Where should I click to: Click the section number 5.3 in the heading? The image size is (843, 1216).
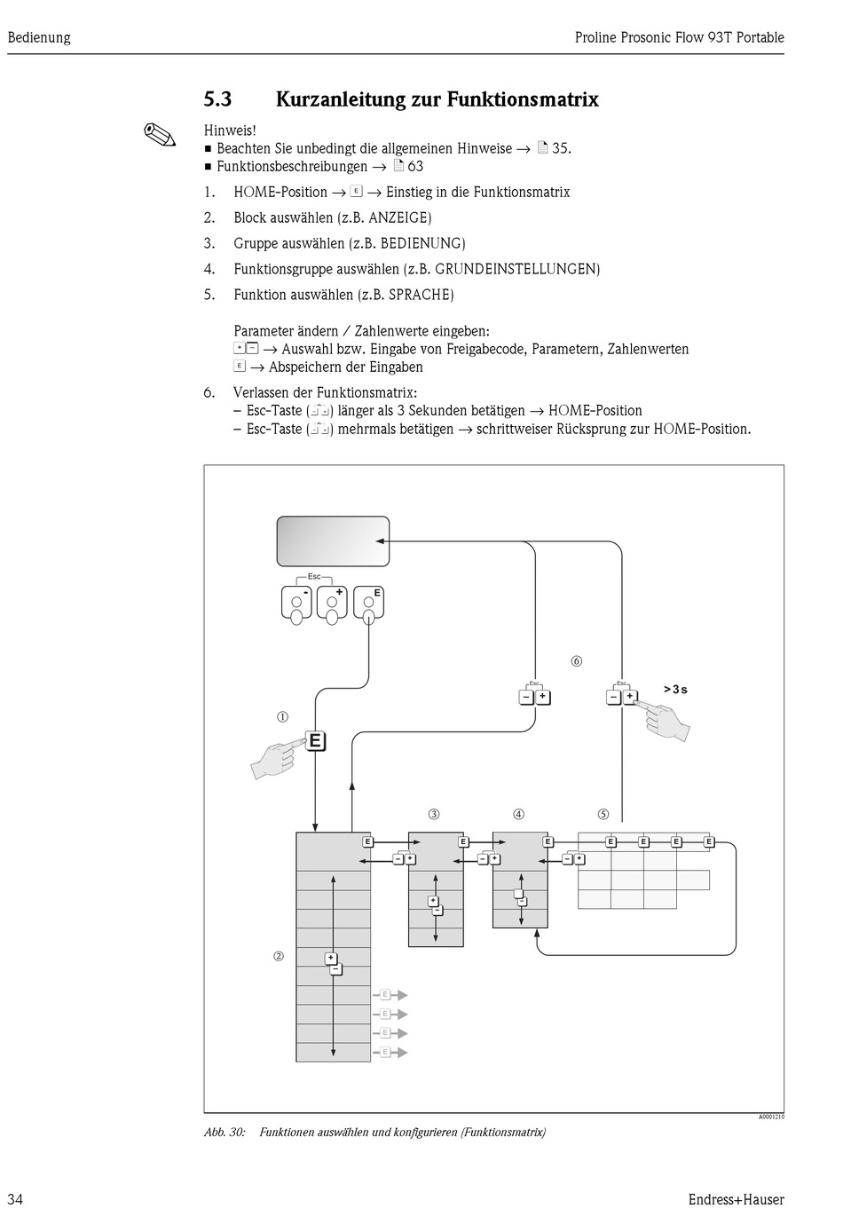[x=217, y=99]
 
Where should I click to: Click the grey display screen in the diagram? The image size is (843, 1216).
[x=333, y=541]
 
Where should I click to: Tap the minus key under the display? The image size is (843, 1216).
[x=297, y=603]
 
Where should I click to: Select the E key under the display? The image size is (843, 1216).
[x=368, y=603]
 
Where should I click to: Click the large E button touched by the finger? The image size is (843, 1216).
[x=315, y=741]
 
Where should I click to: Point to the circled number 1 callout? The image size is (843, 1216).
[x=282, y=717]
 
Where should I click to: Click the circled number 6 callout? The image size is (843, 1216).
[x=577, y=661]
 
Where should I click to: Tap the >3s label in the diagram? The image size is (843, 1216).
[x=675, y=690]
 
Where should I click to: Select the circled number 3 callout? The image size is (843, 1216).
[x=434, y=814]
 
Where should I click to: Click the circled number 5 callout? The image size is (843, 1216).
[x=603, y=814]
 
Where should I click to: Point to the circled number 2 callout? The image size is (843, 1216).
[x=279, y=956]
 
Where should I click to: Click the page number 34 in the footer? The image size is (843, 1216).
[x=15, y=1200]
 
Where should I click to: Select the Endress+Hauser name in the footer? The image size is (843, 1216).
[x=736, y=1200]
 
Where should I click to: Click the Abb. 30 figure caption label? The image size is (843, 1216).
[x=225, y=1132]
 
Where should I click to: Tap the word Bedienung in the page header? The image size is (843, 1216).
[x=39, y=37]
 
